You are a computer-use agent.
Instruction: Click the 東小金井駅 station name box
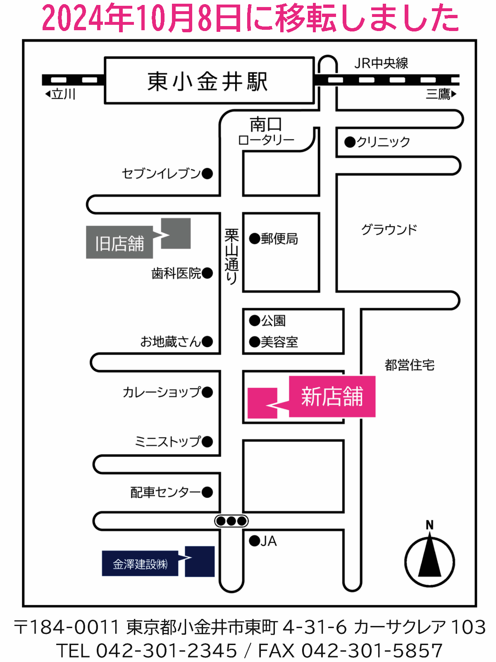click(209, 81)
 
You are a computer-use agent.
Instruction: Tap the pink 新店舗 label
click(332, 396)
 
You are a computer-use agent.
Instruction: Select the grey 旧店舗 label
click(119, 243)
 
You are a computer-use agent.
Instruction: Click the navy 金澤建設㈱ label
click(140, 564)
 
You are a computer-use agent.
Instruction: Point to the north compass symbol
click(429, 560)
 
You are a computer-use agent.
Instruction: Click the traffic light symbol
click(231, 521)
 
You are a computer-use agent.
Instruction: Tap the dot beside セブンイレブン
click(207, 173)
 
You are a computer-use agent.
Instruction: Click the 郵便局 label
click(279, 239)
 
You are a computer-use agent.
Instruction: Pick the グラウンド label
click(389, 229)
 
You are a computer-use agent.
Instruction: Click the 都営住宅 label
click(409, 365)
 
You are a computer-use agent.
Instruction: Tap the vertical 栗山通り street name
click(231, 257)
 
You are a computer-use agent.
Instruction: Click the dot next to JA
click(254, 541)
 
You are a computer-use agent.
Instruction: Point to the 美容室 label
click(279, 342)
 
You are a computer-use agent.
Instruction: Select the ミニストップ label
click(168, 441)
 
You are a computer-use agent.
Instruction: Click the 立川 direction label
click(63, 94)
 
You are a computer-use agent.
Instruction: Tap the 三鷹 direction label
click(439, 94)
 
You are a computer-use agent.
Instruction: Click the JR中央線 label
click(381, 63)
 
